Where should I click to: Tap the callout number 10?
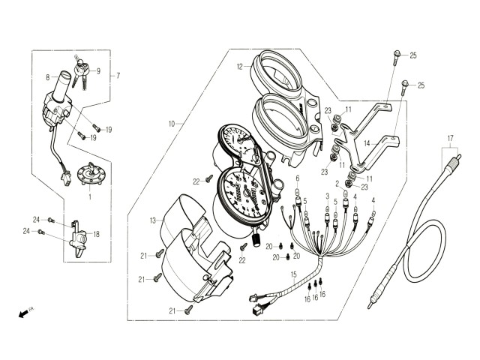[172, 123]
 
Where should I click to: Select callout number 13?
[152, 220]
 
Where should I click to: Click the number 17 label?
[451, 139]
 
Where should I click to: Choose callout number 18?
[96, 234]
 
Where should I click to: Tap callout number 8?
[46, 76]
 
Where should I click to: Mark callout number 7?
[118, 76]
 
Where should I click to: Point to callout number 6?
[297, 178]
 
